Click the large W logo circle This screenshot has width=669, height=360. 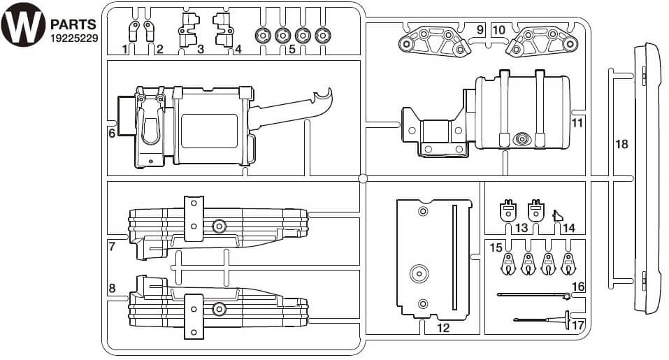(x=22, y=23)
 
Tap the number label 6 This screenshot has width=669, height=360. (x=112, y=131)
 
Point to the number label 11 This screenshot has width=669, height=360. (x=577, y=122)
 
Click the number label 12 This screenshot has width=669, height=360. (x=443, y=326)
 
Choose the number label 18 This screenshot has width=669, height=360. (x=622, y=145)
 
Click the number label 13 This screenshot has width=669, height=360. (x=521, y=229)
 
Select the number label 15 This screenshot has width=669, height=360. (x=496, y=247)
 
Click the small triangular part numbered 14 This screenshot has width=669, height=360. (x=558, y=215)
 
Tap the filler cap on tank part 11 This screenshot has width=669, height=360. (x=521, y=139)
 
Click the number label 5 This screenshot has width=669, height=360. (x=292, y=50)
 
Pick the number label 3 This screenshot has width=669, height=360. (x=201, y=49)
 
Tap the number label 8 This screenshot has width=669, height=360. (x=112, y=288)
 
